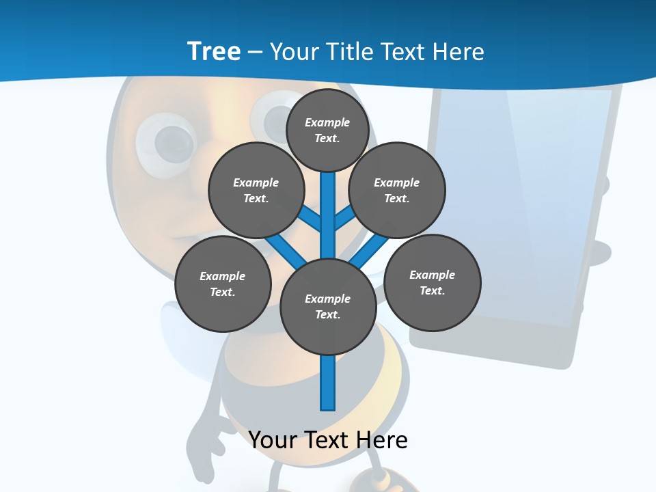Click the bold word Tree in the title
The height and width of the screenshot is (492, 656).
tap(214, 51)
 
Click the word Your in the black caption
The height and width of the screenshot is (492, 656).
tap(273, 440)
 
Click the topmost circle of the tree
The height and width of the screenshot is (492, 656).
tap(327, 130)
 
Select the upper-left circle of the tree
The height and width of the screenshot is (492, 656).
tap(256, 190)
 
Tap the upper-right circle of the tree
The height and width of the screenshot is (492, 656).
tap(397, 190)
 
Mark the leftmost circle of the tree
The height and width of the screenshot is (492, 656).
tap(223, 284)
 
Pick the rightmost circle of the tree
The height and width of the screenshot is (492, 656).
tap(433, 282)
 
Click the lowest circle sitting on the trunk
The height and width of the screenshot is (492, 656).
tap(328, 306)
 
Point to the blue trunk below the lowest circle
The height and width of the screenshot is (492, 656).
tap(328, 383)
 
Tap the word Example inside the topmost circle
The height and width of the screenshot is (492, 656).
tap(327, 122)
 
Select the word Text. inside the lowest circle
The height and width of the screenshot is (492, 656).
tap(327, 315)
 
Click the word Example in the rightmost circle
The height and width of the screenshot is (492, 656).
tap(432, 275)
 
